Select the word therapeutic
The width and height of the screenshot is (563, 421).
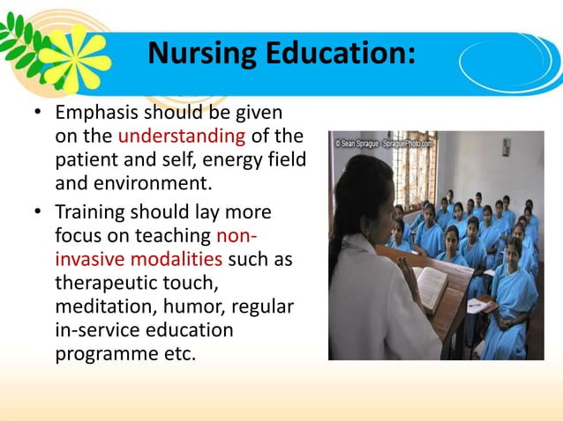click(x=103, y=284)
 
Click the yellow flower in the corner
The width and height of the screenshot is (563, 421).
click(x=74, y=55)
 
